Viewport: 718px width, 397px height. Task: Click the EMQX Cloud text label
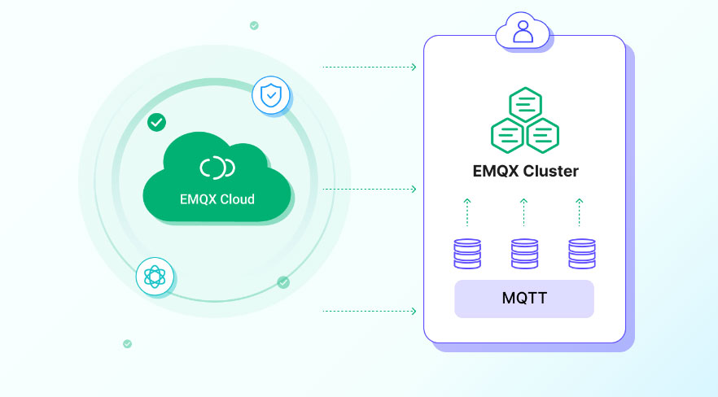(217, 198)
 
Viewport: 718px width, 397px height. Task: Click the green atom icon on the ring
(154, 277)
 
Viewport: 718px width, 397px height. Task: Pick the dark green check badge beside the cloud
(156, 122)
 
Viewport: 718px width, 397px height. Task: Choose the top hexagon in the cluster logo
(525, 105)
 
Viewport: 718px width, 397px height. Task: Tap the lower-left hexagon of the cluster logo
(508, 135)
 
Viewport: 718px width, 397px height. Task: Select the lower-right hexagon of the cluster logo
(542, 135)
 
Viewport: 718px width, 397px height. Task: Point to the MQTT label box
(524, 299)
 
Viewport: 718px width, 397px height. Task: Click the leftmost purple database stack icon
(467, 253)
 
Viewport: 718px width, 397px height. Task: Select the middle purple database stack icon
(524, 253)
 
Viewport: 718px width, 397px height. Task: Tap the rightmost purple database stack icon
(580, 253)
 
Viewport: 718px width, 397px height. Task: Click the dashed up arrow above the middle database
(523, 212)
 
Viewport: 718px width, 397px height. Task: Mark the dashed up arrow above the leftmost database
(467, 212)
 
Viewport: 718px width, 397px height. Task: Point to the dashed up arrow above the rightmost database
(580, 212)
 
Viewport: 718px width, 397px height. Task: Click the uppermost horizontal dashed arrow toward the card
(370, 67)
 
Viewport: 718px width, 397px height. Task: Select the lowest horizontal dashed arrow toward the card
(370, 311)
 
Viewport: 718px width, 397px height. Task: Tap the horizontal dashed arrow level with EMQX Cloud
(370, 189)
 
